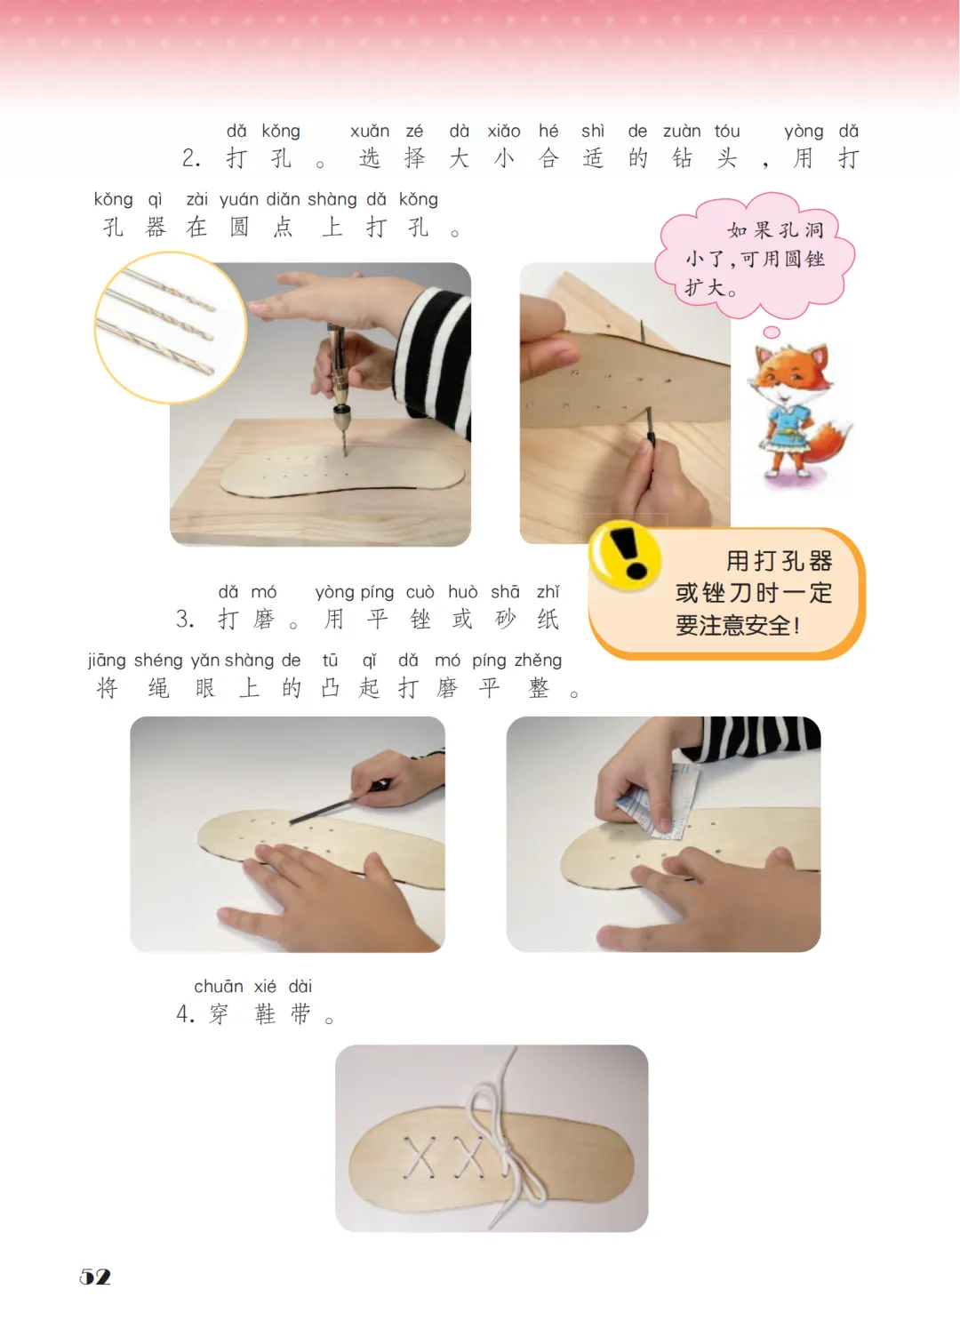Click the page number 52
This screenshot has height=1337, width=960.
coord(95,1277)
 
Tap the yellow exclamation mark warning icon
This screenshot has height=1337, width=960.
coord(624,555)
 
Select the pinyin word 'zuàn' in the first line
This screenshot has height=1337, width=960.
coord(682,132)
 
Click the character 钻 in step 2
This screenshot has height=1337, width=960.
coord(682,158)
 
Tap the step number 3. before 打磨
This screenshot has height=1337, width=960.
coord(185,619)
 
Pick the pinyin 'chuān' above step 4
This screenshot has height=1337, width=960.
coord(219,987)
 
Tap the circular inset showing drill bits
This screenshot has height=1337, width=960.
coord(171,328)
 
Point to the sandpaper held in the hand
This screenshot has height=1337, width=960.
coord(660,800)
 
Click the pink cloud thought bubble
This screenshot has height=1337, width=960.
coord(755,257)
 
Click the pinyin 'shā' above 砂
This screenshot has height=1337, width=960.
coord(506,592)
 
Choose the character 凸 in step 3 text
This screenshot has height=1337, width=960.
coord(330,687)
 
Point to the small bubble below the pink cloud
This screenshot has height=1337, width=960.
coord(772,332)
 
